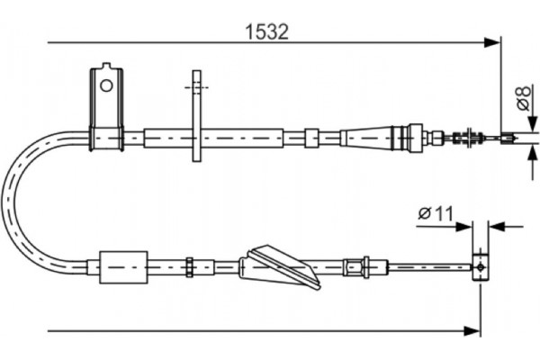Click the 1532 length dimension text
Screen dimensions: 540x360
coord(266,32)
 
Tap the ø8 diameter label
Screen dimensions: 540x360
coord(524,98)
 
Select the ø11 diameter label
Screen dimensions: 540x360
coord(436,213)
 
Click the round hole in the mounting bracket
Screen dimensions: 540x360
coord(106,85)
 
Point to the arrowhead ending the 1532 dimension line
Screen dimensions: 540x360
coord(491,42)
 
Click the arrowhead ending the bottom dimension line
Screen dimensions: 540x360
coord(472,331)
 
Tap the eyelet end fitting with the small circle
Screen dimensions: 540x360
coord(481,267)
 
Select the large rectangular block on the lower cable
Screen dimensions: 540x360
coord(123,267)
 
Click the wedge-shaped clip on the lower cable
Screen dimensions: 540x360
coord(279,267)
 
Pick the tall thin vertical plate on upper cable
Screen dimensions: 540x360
coord(196,116)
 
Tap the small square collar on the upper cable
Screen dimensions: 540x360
coord(311,138)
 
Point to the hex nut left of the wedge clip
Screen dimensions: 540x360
coord(189,267)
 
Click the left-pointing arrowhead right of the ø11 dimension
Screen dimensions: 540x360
coord(497,227)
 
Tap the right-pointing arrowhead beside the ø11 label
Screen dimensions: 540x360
coord(463,227)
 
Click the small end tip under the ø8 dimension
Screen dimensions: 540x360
coord(508,138)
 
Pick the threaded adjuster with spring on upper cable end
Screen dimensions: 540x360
coord(466,137)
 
